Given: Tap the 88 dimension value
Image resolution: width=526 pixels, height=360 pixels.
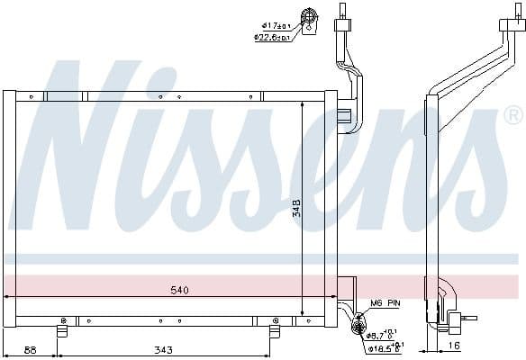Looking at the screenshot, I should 32,349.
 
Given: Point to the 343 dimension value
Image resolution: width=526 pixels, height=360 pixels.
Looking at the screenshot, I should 162,349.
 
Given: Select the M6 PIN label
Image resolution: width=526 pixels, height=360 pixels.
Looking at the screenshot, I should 385,304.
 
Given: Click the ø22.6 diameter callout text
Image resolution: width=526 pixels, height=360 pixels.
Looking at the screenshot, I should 272,38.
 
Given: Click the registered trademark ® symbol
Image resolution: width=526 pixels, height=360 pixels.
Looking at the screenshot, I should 512,115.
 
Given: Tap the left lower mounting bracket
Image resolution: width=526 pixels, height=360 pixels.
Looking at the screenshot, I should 63,329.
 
